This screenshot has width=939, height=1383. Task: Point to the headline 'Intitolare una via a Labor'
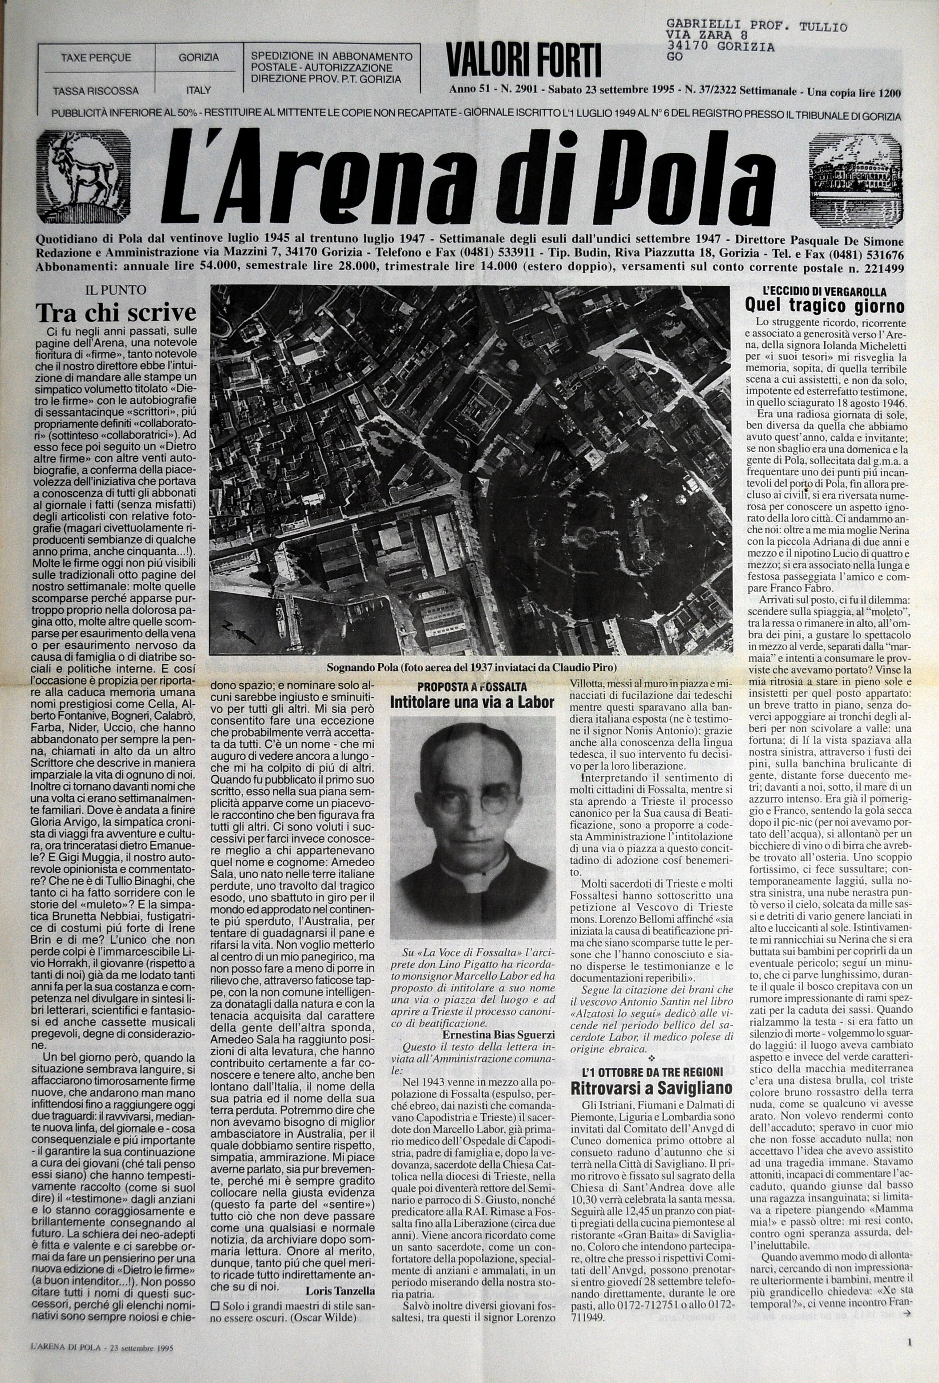tap(471, 702)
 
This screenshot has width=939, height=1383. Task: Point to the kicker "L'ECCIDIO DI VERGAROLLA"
tap(824, 292)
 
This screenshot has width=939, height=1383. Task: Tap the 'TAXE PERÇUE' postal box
tap(96, 58)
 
